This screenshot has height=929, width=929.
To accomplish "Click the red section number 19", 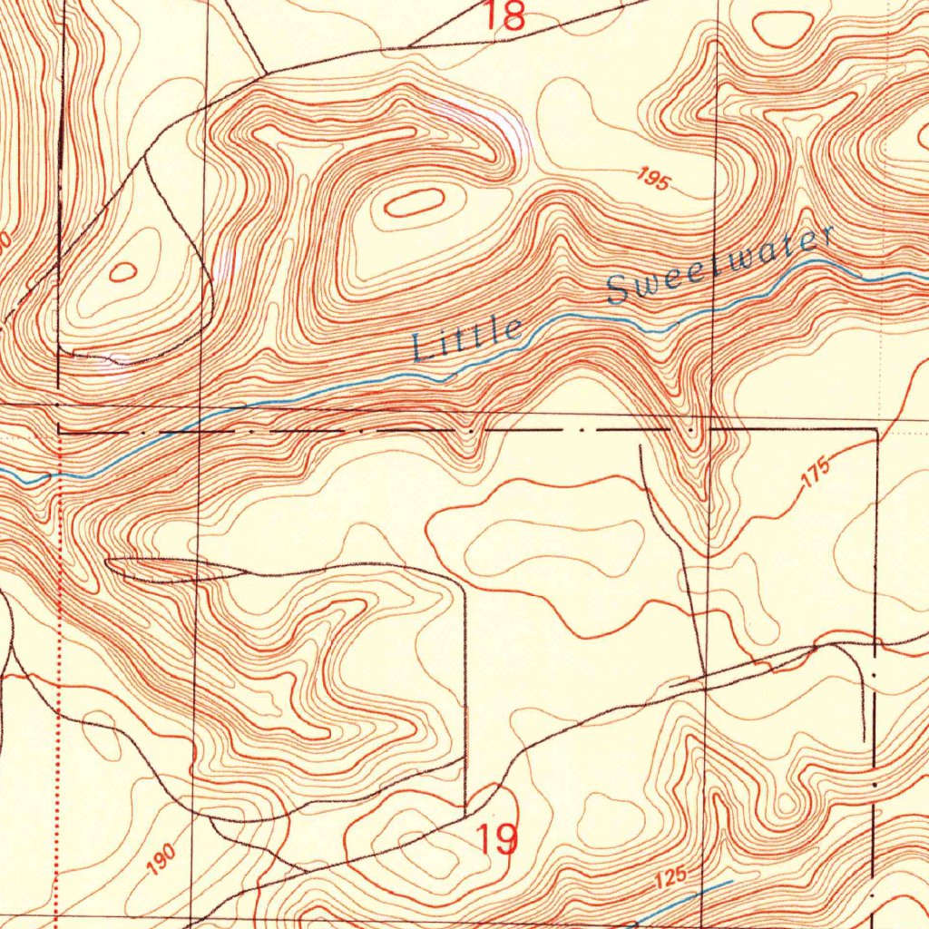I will coord(498,839).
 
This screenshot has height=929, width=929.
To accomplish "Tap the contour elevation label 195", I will coord(652,179).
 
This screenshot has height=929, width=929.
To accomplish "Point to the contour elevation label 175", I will coord(816,473).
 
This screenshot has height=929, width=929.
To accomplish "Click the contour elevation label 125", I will coord(670,879).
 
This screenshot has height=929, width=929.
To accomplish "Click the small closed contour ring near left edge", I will coord(122,270).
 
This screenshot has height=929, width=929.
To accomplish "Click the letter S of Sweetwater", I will coord(620,290).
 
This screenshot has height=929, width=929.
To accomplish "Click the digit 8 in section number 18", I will coord(513,15).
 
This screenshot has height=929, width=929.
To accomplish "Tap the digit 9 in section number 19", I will coord(509,839).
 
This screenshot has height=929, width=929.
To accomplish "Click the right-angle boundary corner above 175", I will coord(877,428).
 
